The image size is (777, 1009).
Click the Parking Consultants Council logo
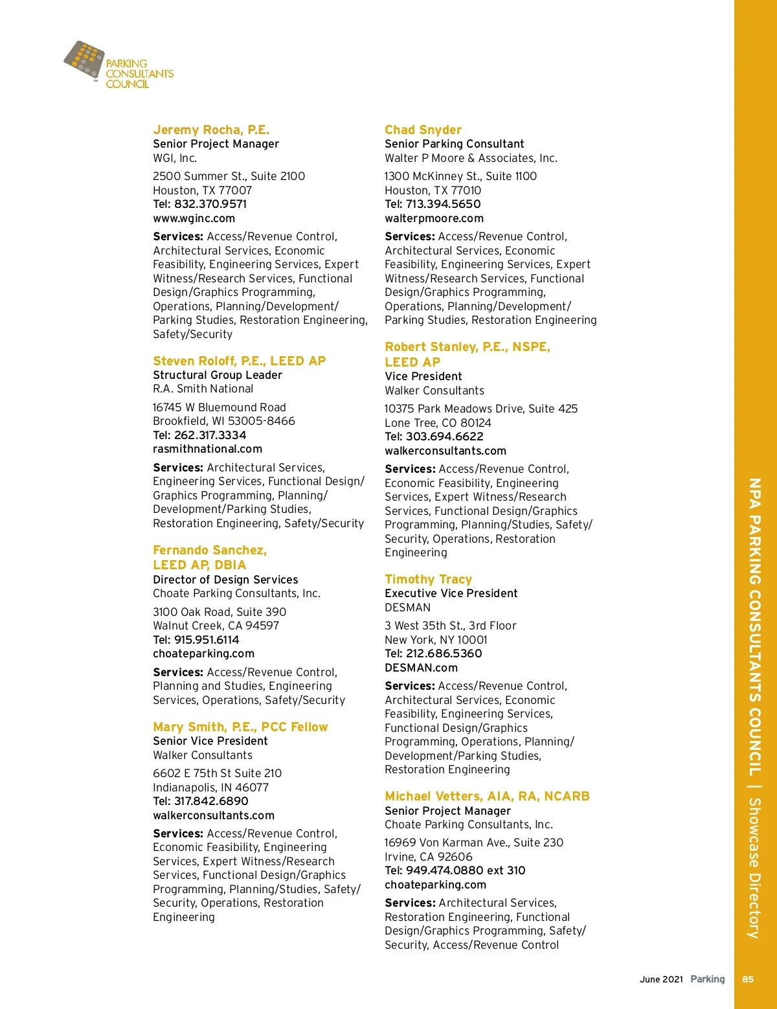point(118,65)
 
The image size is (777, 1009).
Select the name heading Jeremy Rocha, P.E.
point(211,130)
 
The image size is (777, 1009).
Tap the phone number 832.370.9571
point(210,204)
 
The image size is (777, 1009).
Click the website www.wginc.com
point(194,218)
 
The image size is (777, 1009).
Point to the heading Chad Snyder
point(423,130)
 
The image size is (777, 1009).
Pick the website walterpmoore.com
point(434,218)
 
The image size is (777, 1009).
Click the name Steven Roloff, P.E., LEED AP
point(239,361)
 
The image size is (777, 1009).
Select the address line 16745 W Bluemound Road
point(219,407)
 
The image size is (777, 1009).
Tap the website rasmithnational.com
point(207,449)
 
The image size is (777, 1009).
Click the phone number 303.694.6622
point(444,436)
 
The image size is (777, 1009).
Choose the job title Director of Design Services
point(225,580)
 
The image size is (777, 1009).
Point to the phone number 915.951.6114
point(207,640)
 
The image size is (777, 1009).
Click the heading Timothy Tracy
point(428,579)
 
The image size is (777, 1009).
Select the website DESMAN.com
point(421,668)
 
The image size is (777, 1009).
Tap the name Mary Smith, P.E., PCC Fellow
point(240,727)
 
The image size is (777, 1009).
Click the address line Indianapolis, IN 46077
point(210,788)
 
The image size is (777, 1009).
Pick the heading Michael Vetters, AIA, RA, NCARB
point(487,796)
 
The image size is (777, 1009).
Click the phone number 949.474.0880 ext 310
point(466,870)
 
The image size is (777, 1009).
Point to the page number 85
point(748,979)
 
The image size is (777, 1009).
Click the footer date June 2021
point(661,979)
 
